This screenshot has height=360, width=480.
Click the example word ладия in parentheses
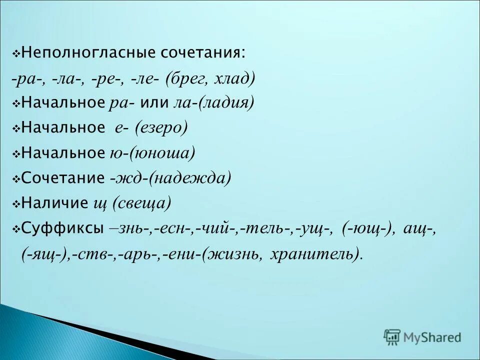coord(227,103)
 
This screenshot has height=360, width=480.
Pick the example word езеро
coord(163,128)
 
